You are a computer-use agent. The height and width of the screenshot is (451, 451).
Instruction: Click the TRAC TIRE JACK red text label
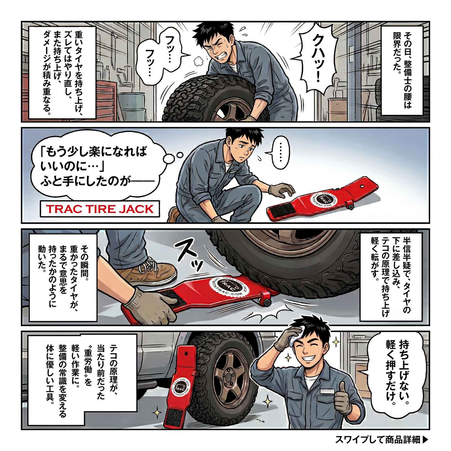coord(100,209)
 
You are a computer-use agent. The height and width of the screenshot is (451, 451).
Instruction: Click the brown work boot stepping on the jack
coord(147,272)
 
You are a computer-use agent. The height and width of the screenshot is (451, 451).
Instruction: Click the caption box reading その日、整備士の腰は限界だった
coord(402,70)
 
